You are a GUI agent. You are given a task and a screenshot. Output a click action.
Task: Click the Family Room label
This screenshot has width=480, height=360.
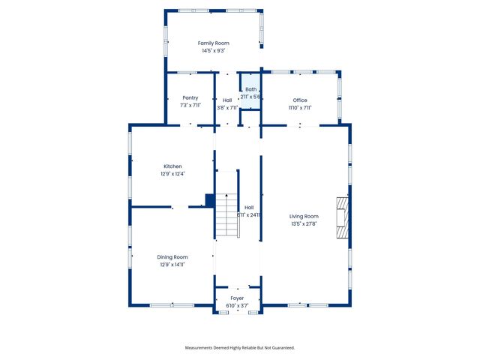213,43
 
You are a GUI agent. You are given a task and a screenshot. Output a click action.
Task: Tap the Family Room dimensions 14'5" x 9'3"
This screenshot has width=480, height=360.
213,51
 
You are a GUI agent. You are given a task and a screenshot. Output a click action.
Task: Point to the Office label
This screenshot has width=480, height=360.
300,100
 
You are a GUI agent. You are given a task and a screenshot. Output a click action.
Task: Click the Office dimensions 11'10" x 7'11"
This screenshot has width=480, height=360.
300,107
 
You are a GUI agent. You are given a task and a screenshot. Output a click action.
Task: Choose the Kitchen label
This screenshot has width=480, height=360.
172,166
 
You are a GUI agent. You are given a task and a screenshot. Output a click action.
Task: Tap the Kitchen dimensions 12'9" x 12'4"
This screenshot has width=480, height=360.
172,174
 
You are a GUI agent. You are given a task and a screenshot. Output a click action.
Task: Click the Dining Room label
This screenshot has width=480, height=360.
172,257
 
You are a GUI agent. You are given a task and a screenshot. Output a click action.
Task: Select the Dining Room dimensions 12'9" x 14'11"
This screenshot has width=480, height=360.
172,265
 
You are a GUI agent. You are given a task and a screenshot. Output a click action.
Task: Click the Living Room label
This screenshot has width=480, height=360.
304,217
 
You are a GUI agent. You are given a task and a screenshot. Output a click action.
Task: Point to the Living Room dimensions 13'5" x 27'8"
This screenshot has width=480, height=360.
304,224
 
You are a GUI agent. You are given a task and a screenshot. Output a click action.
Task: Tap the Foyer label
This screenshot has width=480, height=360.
237,298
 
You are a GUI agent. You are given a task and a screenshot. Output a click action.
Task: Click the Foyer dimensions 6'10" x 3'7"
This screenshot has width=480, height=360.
237,306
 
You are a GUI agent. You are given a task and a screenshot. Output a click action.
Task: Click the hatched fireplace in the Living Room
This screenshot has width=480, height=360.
343,217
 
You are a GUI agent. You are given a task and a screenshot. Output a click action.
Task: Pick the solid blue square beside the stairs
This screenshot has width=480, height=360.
210,199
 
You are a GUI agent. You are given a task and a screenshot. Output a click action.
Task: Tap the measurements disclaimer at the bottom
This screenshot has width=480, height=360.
240,347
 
